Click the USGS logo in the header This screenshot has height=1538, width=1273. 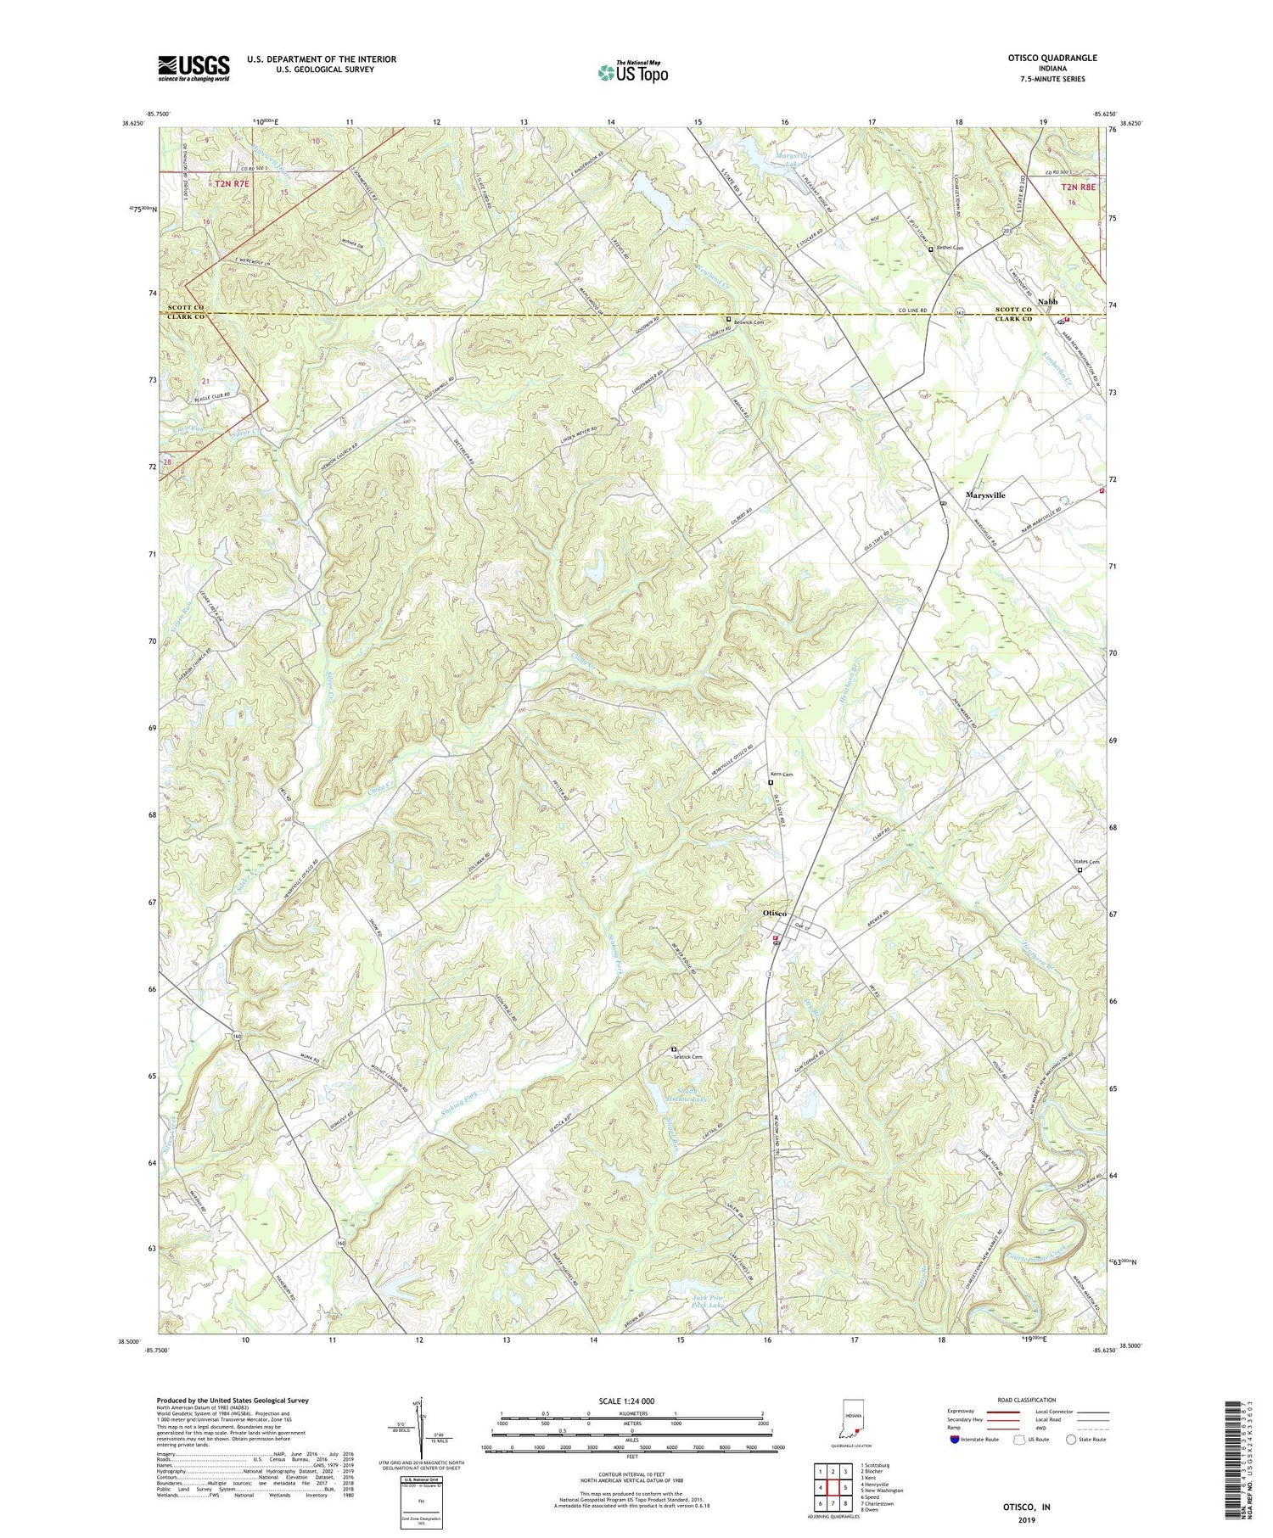pos(193,67)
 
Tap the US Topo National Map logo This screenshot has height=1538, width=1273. pos(632,72)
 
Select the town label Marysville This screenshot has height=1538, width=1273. pos(985,495)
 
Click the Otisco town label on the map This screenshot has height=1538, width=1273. pos(774,912)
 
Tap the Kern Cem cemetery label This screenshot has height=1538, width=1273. pos(781,774)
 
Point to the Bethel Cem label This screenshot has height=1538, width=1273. pos(949,249)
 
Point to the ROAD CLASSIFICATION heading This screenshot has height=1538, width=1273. pos(1027,1400)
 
